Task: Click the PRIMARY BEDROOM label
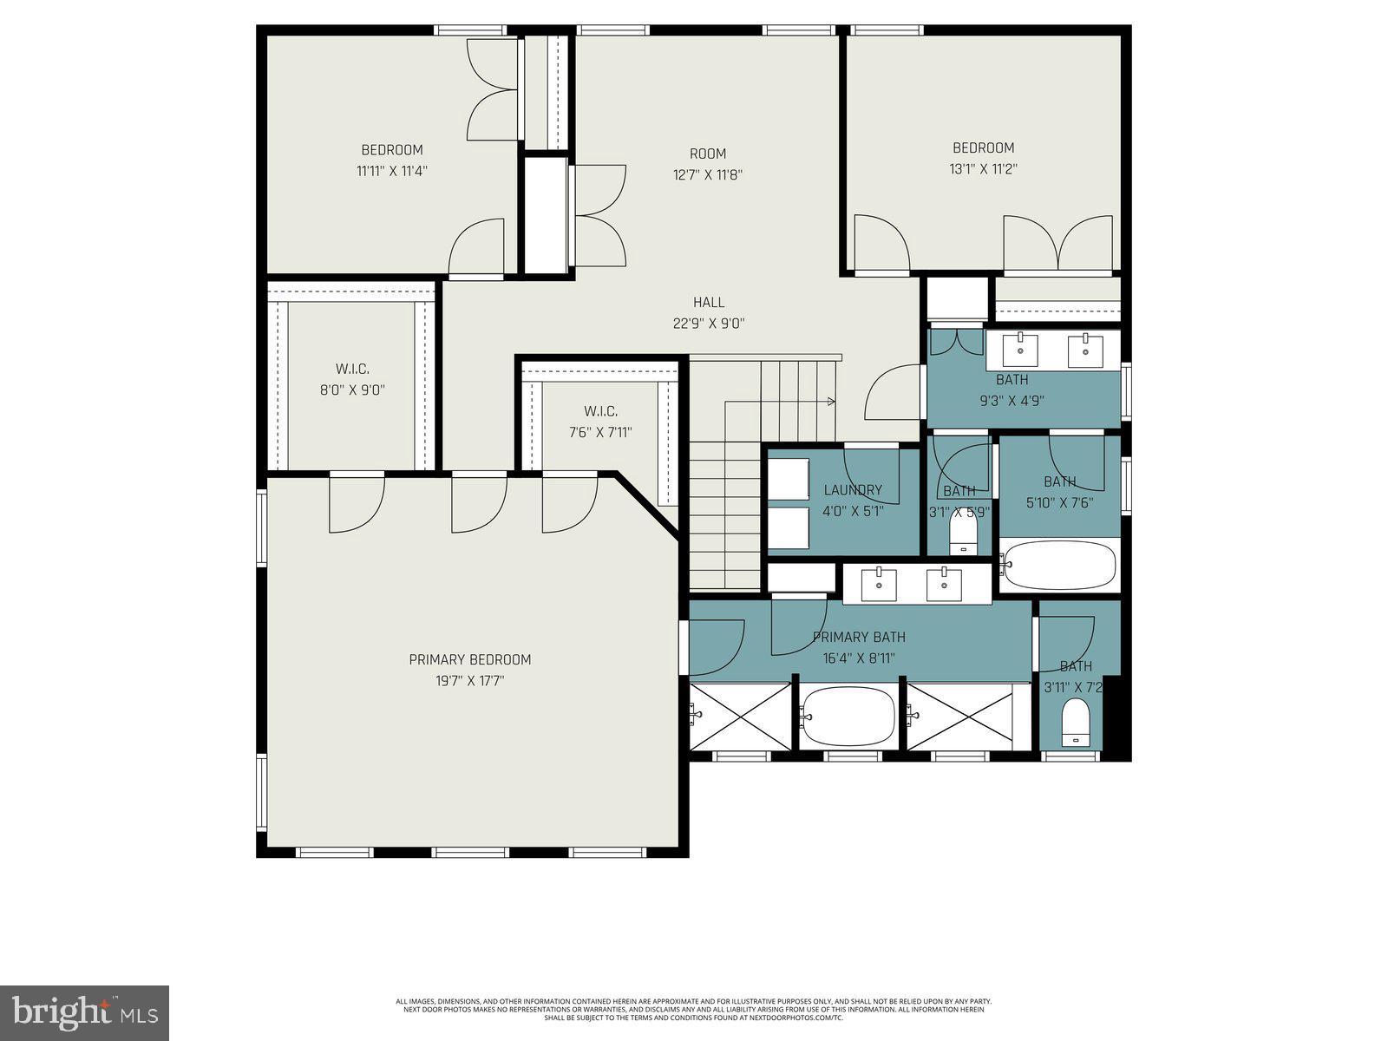469,659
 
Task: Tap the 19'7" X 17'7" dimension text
469,681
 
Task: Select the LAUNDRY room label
853,490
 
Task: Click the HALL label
709,302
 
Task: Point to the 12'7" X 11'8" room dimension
708,174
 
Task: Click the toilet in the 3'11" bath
1076,723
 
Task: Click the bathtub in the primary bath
848,715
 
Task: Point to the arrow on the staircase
830,402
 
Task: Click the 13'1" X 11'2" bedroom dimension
983,169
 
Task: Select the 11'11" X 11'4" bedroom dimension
391,171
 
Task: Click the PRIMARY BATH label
859,638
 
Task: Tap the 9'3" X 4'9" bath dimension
1012,401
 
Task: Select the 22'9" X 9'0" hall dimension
709,324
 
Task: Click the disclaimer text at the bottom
694,1009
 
